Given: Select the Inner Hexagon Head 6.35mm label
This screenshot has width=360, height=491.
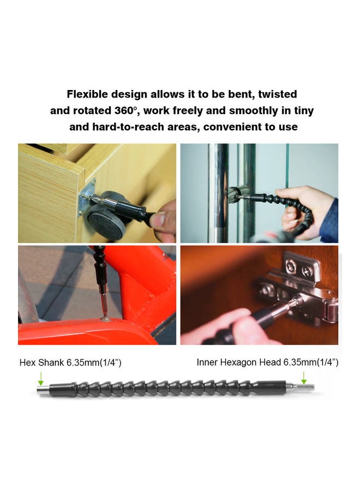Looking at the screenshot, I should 267,362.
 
